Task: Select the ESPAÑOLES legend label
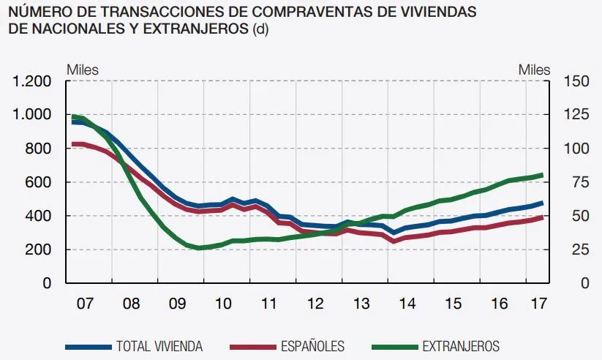pyautogui.click(x=312, y=346)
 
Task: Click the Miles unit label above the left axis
pyautogui.click(x=83, y=70)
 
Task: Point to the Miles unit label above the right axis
pyautogui.click(x=534, y=70)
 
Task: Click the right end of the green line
pyautogui.click(x=542, y=175)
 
